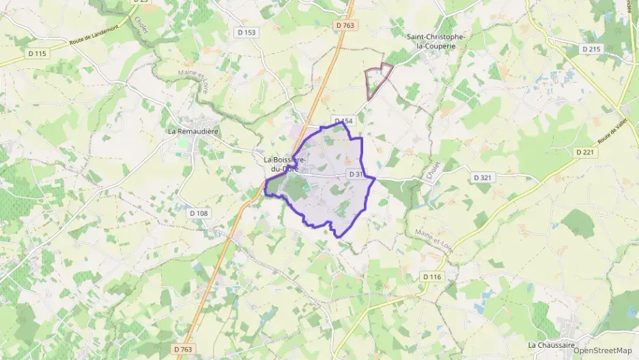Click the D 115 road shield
coord(38,53)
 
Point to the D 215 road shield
coord(591,49)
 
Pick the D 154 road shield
coord(343,121)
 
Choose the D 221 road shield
coord(585,152)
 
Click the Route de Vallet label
coord(612,131)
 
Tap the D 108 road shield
coord(199,213)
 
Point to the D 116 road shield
coord(432,276)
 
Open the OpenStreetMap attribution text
coord(603,350)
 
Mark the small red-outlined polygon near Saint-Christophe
coord(378,81)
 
